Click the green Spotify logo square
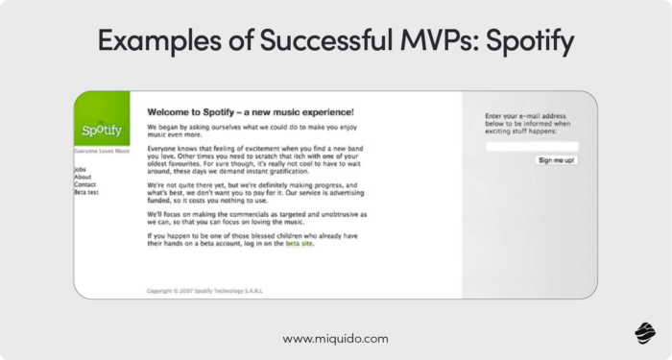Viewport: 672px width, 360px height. pos(102,119)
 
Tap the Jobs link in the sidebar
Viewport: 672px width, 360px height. pos(80,169)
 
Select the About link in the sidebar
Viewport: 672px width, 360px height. pos(83,177)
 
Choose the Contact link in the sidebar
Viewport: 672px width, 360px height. pos(84,184)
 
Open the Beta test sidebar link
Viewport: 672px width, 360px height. pos(86,192)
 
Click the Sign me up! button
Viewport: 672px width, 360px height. pos(556,160)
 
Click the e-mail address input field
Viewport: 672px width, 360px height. pos(531,146)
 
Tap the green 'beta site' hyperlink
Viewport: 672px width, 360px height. pos(299,244)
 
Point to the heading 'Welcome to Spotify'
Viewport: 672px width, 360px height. pos(250,111)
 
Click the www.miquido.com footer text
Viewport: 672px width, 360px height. pos(335,339)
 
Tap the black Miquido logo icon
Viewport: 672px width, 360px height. pos(644,332)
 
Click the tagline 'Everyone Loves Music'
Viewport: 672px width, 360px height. pos(102,152)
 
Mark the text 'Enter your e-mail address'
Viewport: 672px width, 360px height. pos(524,115)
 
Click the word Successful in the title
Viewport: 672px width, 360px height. pos(306,41)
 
